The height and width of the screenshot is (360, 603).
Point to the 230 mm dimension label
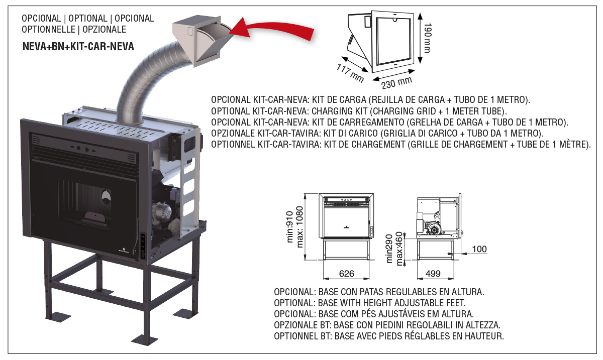click(x=397, y=81)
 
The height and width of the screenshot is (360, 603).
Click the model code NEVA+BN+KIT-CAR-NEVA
click(x=78, y=48)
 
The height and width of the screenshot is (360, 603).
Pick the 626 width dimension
click(x=347, y=274)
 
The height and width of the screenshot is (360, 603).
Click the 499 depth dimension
click(x=433, y=274)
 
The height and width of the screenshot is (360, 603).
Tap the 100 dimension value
click(x=479, y=249)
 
